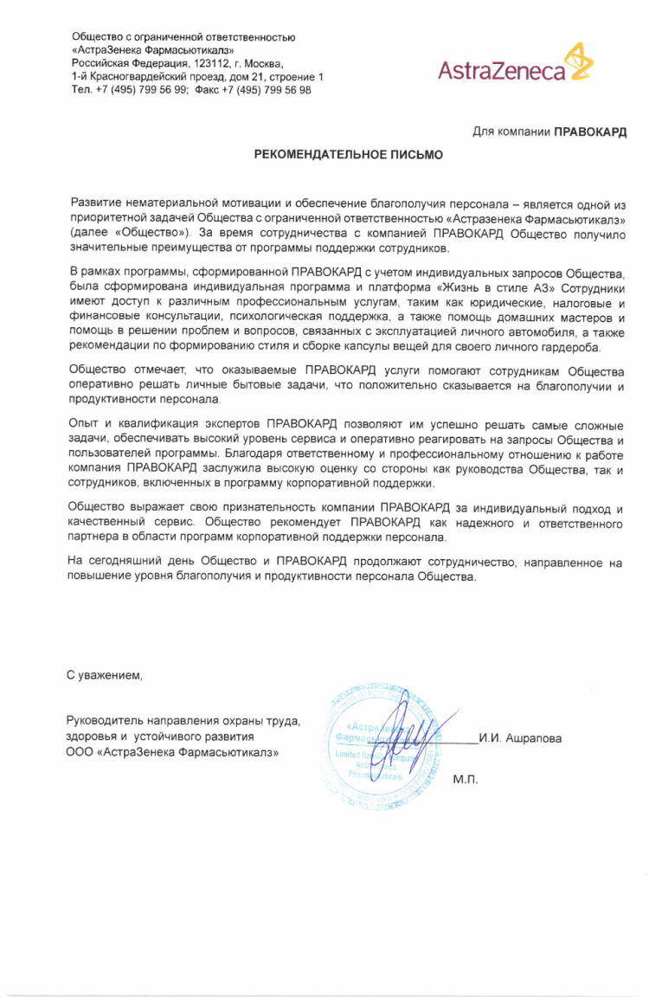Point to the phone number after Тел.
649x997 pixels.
(141, 89)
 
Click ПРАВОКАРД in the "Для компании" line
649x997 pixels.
(590, 131)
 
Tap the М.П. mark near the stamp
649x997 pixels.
(465, 779)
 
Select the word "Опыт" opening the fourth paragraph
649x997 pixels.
(84, 425)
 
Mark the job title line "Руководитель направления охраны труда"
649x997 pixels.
(183, 721)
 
